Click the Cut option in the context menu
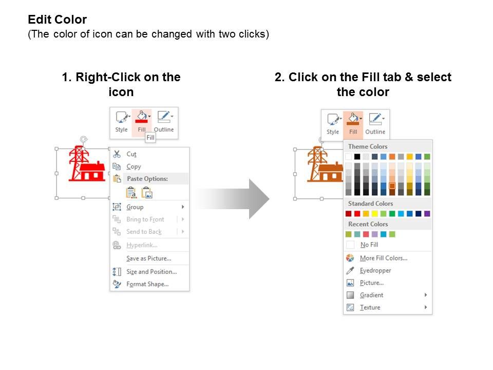[131, 154]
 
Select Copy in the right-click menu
[134, 166]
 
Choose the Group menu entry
[135, 207]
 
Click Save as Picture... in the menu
[149, 258]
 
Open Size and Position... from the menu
[151, 271]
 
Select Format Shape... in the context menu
[147, 284]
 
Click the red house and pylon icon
[87, 163]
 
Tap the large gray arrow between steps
[232, 199]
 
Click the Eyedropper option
[375, 271]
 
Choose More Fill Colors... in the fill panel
[384, 258]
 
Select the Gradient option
[372, 295]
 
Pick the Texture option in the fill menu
[370, 307]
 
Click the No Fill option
[369, 245]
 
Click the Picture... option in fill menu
[372, 283]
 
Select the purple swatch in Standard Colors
[427, 214]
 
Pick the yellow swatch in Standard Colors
[375, 214]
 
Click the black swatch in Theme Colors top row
[357, 157]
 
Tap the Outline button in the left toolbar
[164, 121]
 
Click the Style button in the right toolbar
[333, 124]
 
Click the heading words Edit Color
[57, 20]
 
